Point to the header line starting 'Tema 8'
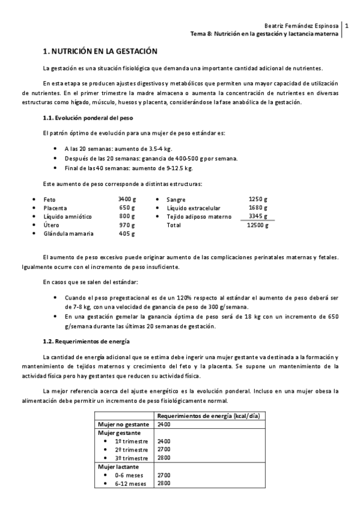coord(264,34)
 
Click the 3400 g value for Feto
coord(127,199)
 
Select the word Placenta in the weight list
coord(55,207)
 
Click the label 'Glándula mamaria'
coord(67,233)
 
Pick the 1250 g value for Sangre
coord(258,199)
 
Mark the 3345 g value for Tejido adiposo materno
coord(258,216)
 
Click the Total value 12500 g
coord(258,225)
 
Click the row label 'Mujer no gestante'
coord(123,425)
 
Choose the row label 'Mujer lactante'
coord(118,466)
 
